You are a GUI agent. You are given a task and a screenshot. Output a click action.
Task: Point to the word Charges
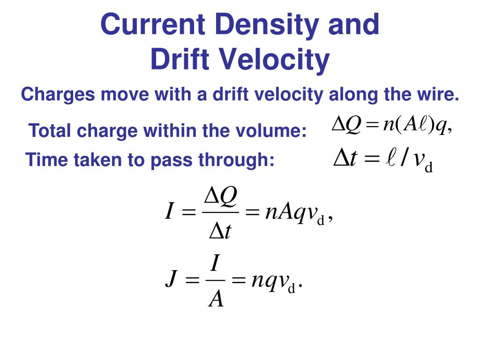58,95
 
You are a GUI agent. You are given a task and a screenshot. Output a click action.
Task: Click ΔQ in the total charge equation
346,125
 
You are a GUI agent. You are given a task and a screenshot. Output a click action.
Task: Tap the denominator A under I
216,298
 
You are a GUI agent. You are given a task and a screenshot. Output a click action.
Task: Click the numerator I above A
215,264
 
